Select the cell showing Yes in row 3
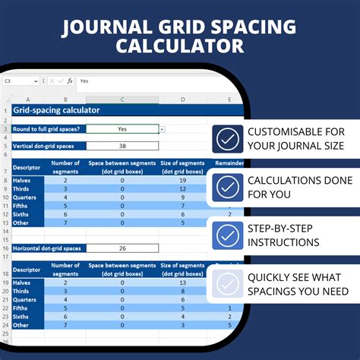coord(123,129)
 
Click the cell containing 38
coord(123,146)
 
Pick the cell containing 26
coord(123,248)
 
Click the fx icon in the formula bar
coord(70,81)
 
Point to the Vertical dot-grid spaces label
coord(44,146)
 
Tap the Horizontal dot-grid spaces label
coord(47,248)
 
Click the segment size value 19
coord(183,181)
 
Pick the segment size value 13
coord(183,282)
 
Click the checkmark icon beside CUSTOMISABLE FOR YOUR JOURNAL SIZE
coord(227,140)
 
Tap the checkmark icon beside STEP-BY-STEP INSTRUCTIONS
coord(227,235)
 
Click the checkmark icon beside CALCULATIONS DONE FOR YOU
coord(227,187)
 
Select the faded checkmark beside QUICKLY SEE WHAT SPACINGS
coord(227,283)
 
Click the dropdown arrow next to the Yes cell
coord(163,130)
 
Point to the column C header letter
coord(123,99)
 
